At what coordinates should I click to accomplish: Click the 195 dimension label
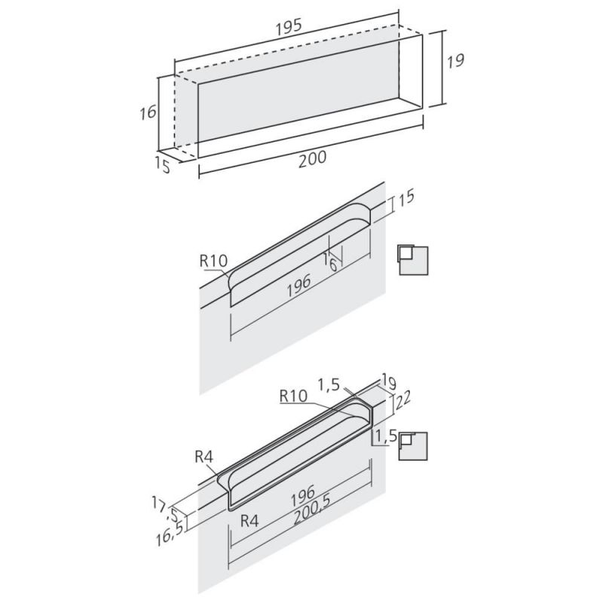click(x=289, y=27)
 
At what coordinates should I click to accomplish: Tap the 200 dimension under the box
click(x=312, y=159)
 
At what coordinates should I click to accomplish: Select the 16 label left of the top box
click(x=148, y=112)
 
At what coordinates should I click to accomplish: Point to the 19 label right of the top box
click(x=455, y=61)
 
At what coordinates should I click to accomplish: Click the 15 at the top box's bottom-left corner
click(x=163, y=164)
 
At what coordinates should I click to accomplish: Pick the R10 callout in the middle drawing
click(x=214, y=261)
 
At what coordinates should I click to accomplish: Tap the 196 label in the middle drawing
click(x=298, y=286)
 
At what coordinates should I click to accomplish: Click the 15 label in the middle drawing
click(x=406, y=197)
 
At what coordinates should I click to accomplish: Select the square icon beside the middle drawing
click(x=413, y=259)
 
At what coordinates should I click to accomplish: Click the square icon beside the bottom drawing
click(x=413, y=445)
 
